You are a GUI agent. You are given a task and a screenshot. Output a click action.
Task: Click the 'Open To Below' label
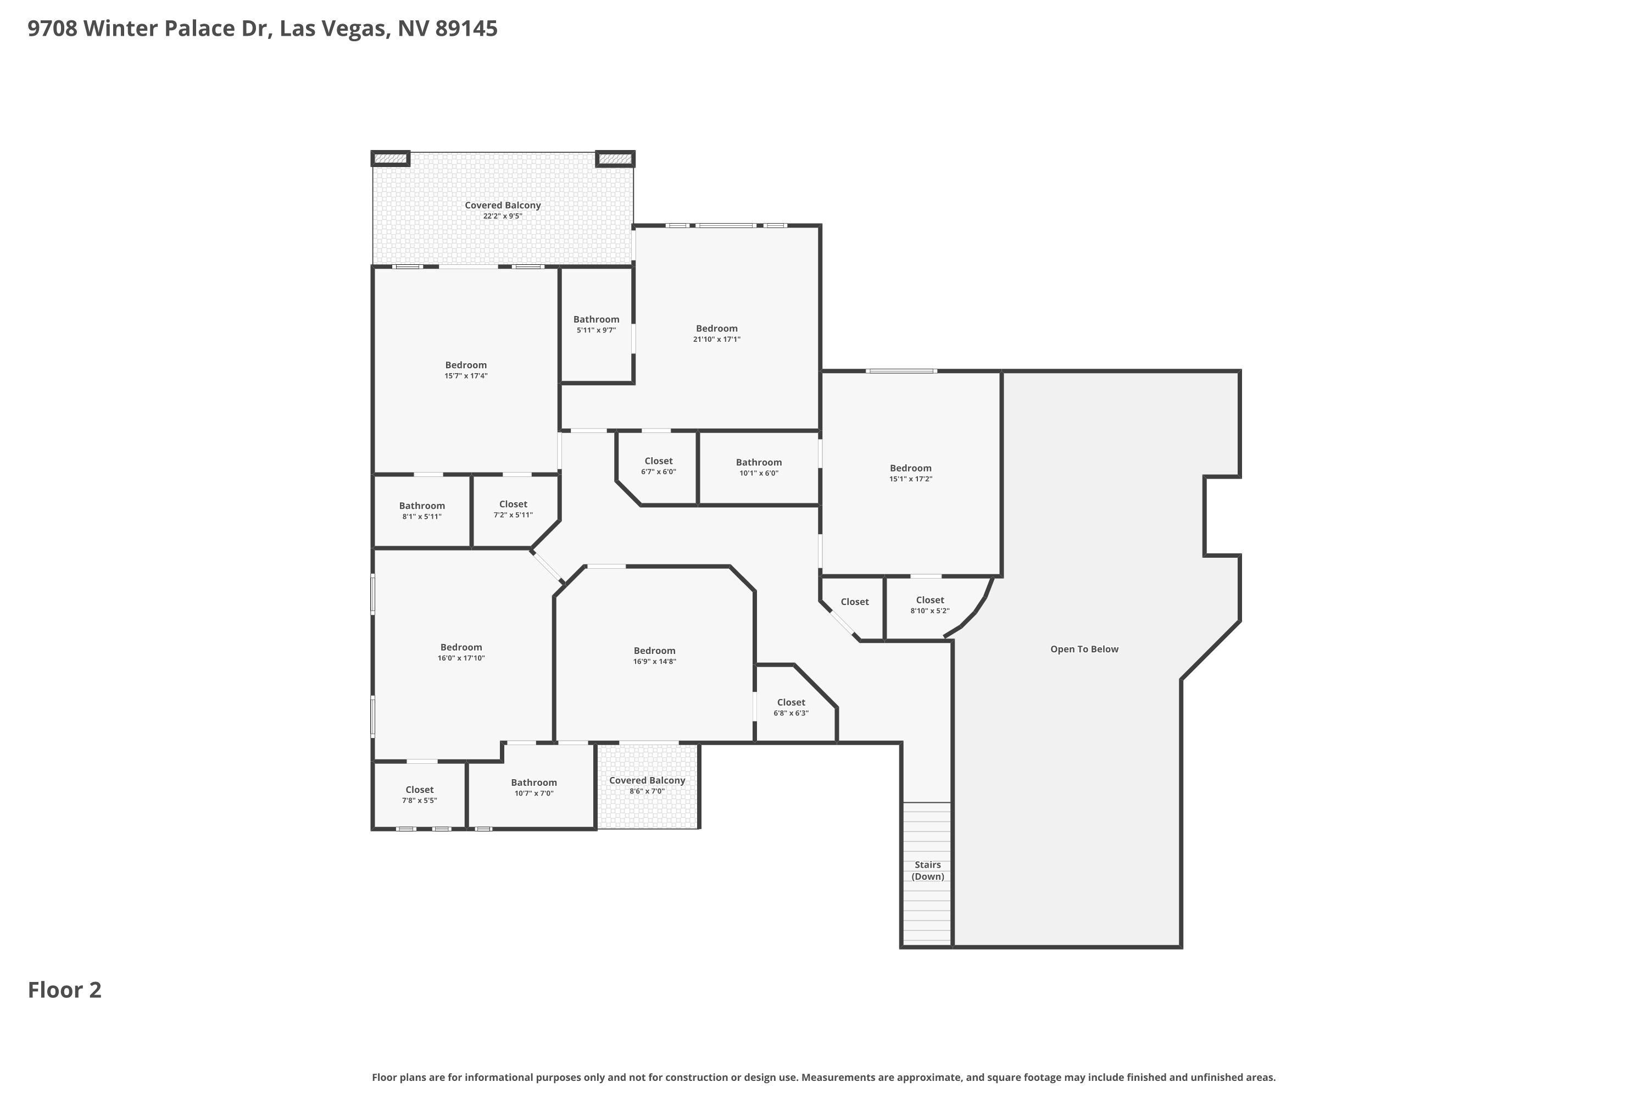pyautogui.click(x=1084, y=649)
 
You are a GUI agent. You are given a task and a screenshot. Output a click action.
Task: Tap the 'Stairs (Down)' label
pyautogui.click(x=928, y=870)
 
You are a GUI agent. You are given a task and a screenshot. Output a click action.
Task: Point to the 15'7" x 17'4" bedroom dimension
pyautogui.click(x=466, y=376)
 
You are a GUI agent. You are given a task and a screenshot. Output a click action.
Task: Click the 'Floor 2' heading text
pyautogui.click(x=64, y=990)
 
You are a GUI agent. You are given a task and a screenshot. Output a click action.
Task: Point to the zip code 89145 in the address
pyautogui.click(x=466, y=29)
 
